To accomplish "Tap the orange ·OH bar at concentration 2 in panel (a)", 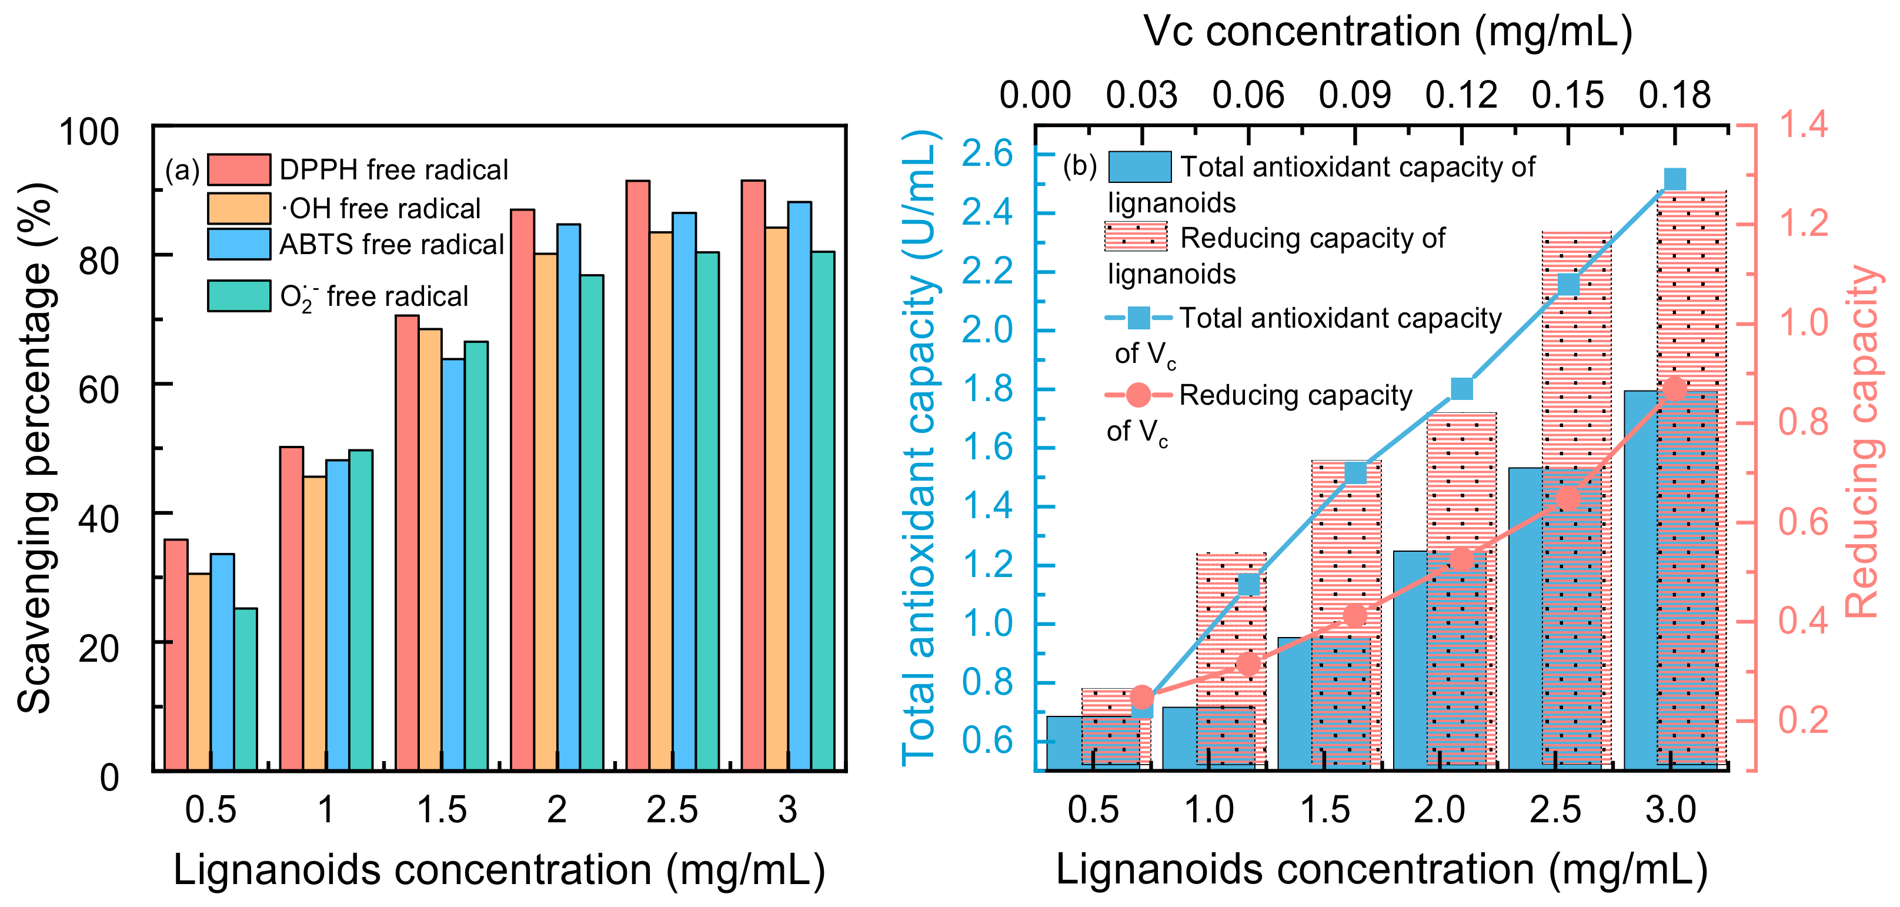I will pyautogui.click(x=545, y=512).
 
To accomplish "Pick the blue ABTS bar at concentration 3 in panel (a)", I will pyautogui.click(x=800, y=486).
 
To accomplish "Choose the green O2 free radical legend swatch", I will pyautogui.click(x=239, y=296).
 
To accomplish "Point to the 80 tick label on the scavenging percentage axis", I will pyautogui.click(x=98, y=260).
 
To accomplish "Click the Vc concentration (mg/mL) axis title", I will pyautogui.click(x=1388, y=31).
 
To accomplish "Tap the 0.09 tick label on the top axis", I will pyautogui.click(x=1355, y=95).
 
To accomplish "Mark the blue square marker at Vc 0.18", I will pyautogui.click(x=1675, y=179).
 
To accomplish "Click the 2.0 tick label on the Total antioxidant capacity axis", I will pyautogui.click(x=987, y=330).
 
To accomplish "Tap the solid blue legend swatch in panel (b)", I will pyautogui.click(x=1140, y=168).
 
